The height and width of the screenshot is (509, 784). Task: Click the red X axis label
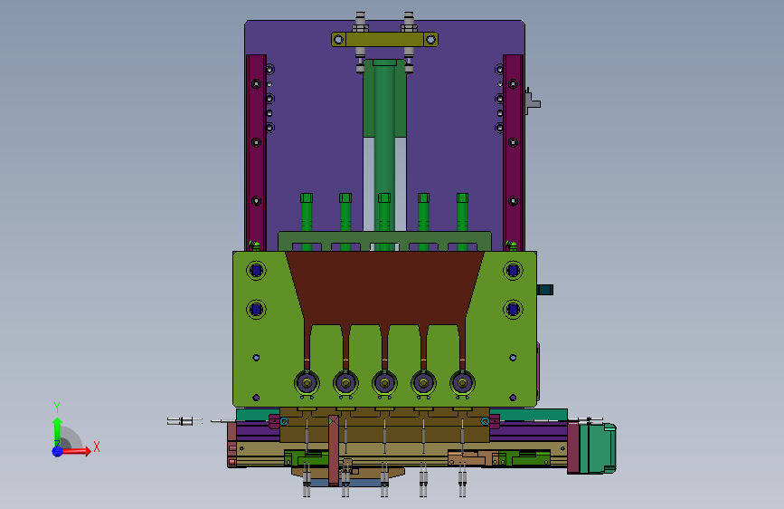97,447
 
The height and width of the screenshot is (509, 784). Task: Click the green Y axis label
57,407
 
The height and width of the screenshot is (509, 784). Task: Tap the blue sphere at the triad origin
58,451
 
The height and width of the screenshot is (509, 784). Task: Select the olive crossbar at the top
384,39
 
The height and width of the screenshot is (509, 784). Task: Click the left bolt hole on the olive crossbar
338,39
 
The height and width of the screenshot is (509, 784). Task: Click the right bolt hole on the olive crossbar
430,39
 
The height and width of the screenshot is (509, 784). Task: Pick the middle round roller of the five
384,383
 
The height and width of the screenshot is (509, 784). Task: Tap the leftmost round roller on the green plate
307,383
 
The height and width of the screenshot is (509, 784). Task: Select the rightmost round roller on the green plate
462,383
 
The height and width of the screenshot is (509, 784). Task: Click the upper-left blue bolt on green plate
257,271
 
